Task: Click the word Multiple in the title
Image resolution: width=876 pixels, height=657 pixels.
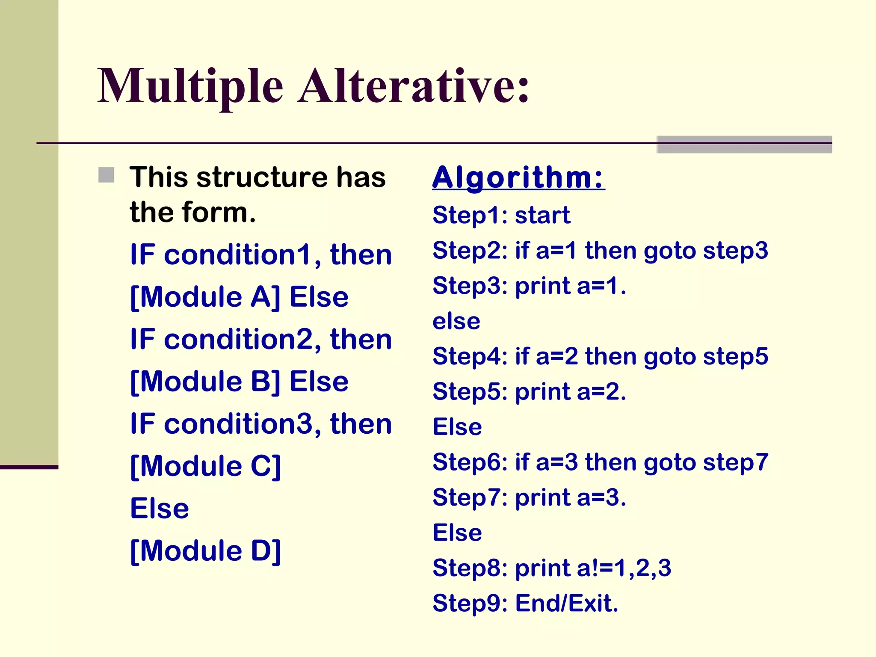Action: pyautogui.click(x=190, y=87)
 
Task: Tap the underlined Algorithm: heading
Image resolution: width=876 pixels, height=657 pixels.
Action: pyautogui.click(x=518, y=178)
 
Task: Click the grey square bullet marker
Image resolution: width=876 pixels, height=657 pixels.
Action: pyautogui.click(x=106, y=175)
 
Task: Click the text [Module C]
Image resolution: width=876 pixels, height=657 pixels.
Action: pyautogui.click(x=205, y=466)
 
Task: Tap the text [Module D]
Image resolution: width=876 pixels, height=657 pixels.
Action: pyautogui.click(x=205, y=551)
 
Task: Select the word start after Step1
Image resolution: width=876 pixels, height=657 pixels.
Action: pyautogui.click(x=542, y=215)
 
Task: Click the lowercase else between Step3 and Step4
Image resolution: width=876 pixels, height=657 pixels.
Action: pyautogui.click(x=456, y=321)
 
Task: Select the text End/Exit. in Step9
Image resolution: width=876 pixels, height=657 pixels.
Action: pyautogui.click(x=567, y=604)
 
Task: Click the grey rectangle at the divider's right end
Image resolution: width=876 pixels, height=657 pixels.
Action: pyautogui.click(x=744, y=145)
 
